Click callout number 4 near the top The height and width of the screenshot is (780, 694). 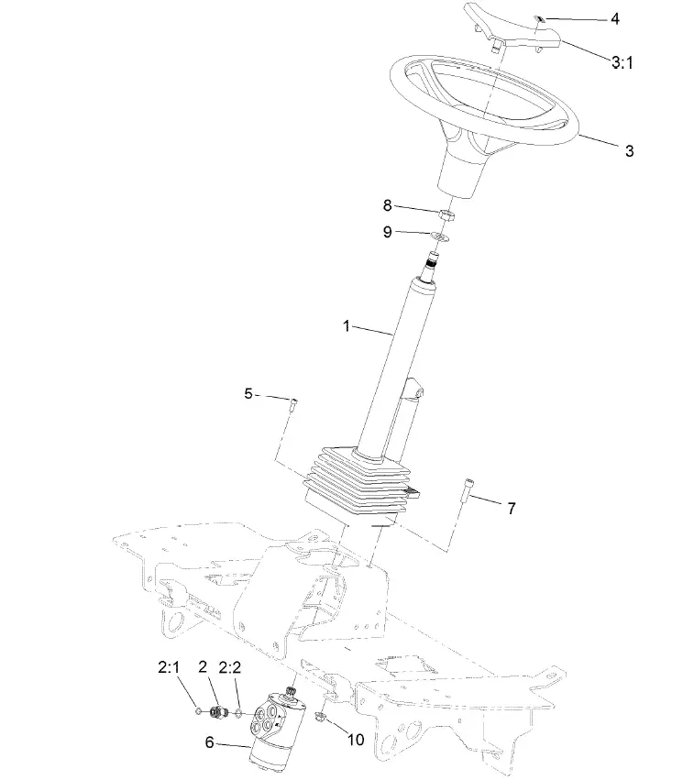click(x=615, y=17)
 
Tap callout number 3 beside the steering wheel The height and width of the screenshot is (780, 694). click(x=629, y=151)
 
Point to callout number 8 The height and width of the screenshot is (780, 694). click(x=387, y=205)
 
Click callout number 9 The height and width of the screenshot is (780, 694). click(x=387, y=233)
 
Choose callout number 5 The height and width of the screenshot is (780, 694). click(x=248, y=393)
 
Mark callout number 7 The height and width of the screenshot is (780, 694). click(x=512, y=507)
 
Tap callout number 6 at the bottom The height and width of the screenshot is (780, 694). click(x=209, y=743)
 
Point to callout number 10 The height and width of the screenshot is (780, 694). click(x=355, y=738)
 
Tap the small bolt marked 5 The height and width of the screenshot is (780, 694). click(x=292, y=404)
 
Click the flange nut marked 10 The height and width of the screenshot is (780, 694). click(x=321, y=716)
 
